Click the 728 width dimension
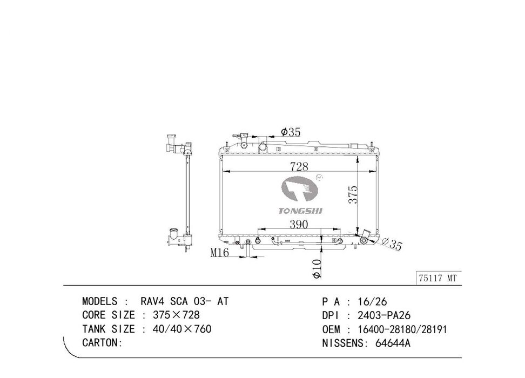299,166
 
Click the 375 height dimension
353,194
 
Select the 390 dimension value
298,224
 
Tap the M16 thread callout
220,252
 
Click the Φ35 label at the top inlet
291,132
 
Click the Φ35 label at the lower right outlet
391,243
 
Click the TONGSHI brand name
300,211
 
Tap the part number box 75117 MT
438,278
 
